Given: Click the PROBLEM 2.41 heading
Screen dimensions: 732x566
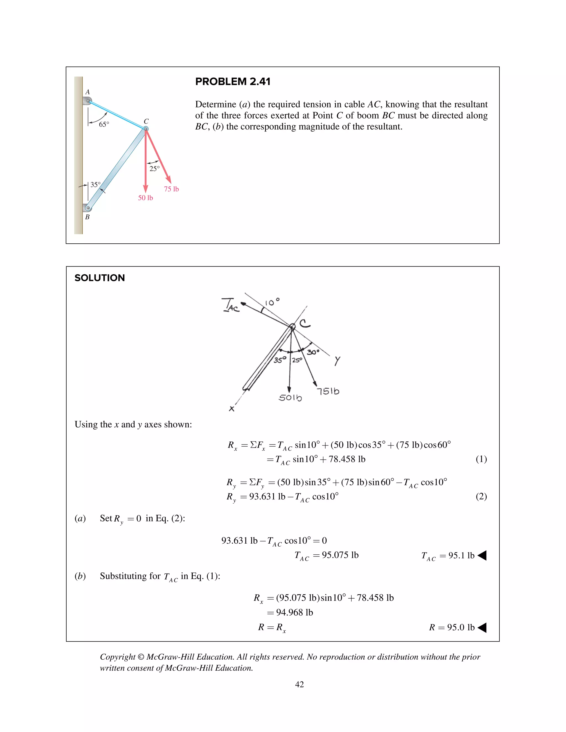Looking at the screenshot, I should pyautogui.click(x=233, y=81).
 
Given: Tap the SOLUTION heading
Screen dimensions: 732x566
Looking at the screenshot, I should pyautogui.click(x=99, y=278).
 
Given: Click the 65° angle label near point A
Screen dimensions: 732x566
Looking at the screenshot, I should pyautogui.click(x=104, y=125).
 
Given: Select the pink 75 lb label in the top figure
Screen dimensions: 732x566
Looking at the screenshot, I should pyautogui.click(x=171, y=189).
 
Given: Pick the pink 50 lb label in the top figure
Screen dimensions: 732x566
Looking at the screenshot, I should pyautogui.click(x=146, y=198).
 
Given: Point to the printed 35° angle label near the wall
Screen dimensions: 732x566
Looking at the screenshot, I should pyautogui.click(x=96, y=185).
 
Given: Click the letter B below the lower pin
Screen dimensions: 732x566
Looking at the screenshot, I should pyautogui.click(x=87, y=217).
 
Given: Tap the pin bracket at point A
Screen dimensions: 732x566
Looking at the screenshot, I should pyautogui.click(x=87, y=101).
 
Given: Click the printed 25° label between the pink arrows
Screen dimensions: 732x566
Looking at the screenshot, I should pyautogui.click(x=154, y=168).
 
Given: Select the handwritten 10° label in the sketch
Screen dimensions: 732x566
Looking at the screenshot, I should pyautogui.click(x=272, y=302).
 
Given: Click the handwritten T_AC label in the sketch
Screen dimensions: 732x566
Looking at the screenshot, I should pyautogui.click(x=230, y=305).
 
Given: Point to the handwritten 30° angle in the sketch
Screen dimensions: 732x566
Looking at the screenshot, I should pyautogui.click(x=313, y=352).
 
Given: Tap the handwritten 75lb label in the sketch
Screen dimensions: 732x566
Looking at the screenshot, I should pyautogui.click(x=328, y=391).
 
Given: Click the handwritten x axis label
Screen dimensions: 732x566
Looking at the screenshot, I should pyautogui.click(x=231, y=409).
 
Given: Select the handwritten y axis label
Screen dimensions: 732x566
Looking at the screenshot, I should pyautogui.click(x=337, y=361).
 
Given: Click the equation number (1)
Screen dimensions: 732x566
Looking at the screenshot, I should pyautogui.click(x=481, y=459).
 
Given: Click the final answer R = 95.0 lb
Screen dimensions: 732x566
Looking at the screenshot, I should pyautogui.click(x=452, y=627).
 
